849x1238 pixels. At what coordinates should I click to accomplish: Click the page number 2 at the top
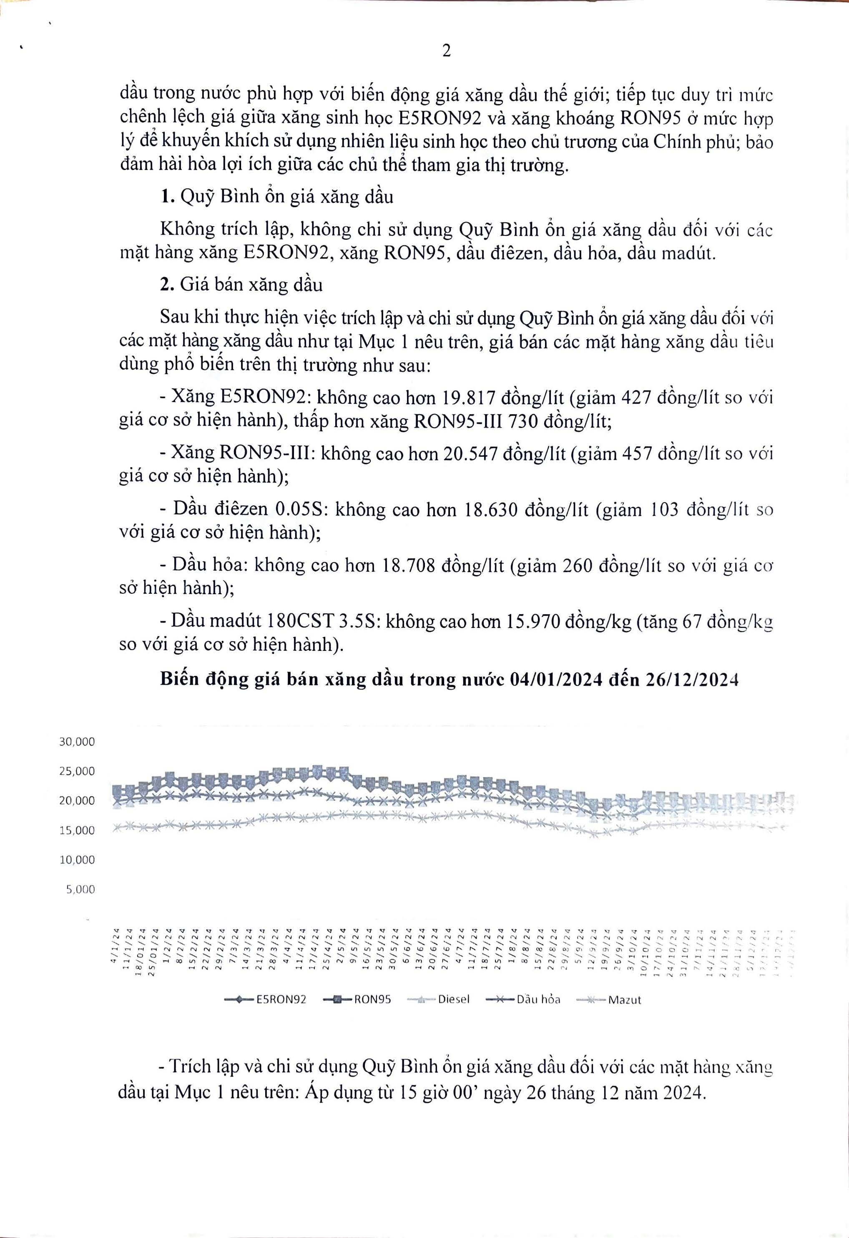click(447, 50)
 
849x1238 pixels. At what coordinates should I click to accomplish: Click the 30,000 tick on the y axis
click(77, 742)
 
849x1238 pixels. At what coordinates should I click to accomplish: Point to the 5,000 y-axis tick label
click(80, 889)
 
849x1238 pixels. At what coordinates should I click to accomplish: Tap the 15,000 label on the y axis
click(77, 830)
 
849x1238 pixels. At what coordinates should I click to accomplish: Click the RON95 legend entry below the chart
click(357, 999)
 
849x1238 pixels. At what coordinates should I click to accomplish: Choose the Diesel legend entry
click(438, 999)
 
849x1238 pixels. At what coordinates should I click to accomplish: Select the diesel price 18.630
click(491, 510)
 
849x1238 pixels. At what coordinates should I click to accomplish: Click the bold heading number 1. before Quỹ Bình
click(167, 197)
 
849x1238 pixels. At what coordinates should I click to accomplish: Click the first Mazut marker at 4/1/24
click(117, 826)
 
